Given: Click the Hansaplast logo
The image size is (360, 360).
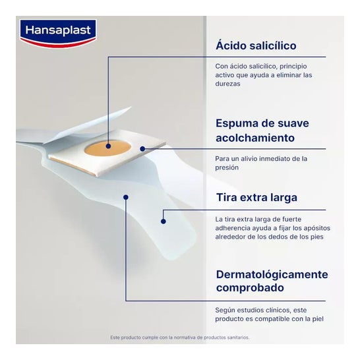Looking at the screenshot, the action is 58,34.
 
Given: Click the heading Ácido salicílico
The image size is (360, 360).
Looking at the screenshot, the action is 256,45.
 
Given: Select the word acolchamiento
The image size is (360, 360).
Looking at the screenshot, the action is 255,138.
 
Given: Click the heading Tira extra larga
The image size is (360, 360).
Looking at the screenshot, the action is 256,197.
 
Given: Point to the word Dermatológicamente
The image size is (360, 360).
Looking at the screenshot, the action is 272,275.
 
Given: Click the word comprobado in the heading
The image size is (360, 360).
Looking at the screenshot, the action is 250,288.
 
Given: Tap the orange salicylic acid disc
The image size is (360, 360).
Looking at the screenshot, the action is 107,148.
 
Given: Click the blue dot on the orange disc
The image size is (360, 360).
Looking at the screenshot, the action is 108,146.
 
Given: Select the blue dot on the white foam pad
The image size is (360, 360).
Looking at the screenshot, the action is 142,149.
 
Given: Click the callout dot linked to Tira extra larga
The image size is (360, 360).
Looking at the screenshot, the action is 164,222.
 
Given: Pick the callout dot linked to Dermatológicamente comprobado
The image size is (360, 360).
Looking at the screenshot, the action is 125,197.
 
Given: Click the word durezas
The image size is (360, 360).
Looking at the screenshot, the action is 227,84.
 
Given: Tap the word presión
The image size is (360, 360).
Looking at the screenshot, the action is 227,168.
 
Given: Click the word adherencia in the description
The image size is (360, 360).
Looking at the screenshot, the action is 233,228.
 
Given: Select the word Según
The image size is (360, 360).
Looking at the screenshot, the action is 225,311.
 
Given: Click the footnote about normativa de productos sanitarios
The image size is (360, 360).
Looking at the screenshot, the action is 180,338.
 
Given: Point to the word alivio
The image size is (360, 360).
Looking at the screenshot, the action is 249,159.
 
